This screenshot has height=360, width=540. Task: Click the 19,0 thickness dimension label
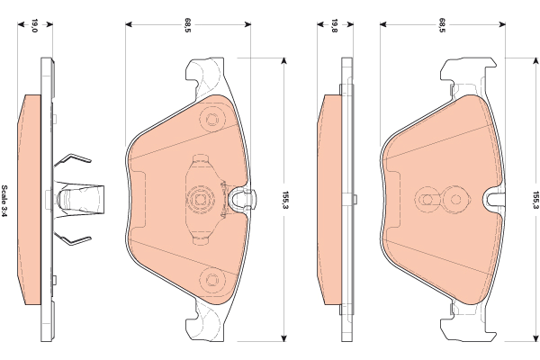(34, 25)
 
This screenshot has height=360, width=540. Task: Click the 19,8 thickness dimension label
(334, 25)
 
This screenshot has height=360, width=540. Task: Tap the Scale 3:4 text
(4, 201)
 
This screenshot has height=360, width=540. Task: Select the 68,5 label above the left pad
(188, 25)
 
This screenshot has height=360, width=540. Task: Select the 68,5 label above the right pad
(442, 25)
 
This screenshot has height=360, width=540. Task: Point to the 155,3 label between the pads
(285, 201)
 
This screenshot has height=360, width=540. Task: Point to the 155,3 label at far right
(535, 201)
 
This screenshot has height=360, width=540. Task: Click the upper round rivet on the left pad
(212, 120)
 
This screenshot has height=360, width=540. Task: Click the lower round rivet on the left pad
(212, 279)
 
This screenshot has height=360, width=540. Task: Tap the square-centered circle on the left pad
(200, 200)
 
